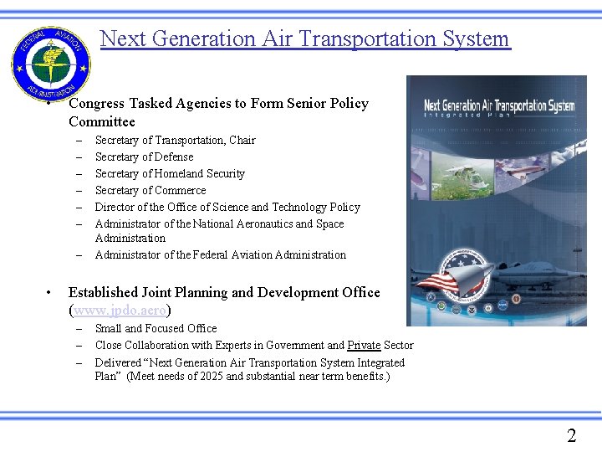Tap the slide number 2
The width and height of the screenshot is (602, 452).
pyautogui.click(x=571, y=435)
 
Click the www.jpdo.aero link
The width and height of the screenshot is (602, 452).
pyautogui.click(x=120, y=310)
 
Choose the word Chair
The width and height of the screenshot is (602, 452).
pyautogui.click(x=242, y=140)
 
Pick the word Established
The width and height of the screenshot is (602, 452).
pyautogui.click(x=105, y=293)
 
